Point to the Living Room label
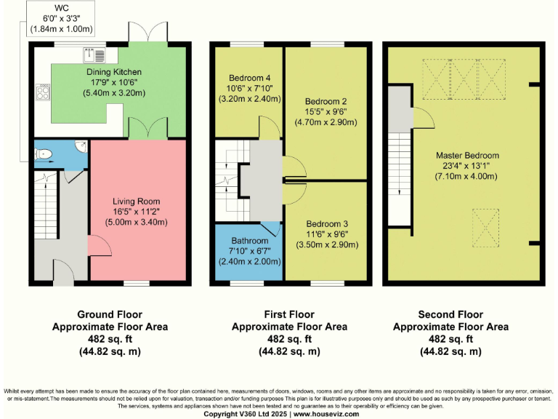pyautogui.click(x=136, y=201)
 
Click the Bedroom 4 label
pyautogui.click(x=249, y=78)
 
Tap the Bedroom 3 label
pyautogui.click(x=325, y=223)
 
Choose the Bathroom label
pyautogui.click(x=249, y=241)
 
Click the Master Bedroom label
pyautogui.click(x=467, y=156)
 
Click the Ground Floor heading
pyautogui.click(x=110, y=315)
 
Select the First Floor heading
pyautogui.click(x=289, y=315)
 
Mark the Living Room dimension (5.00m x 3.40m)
pyautogui.click(x=136, y=222)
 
